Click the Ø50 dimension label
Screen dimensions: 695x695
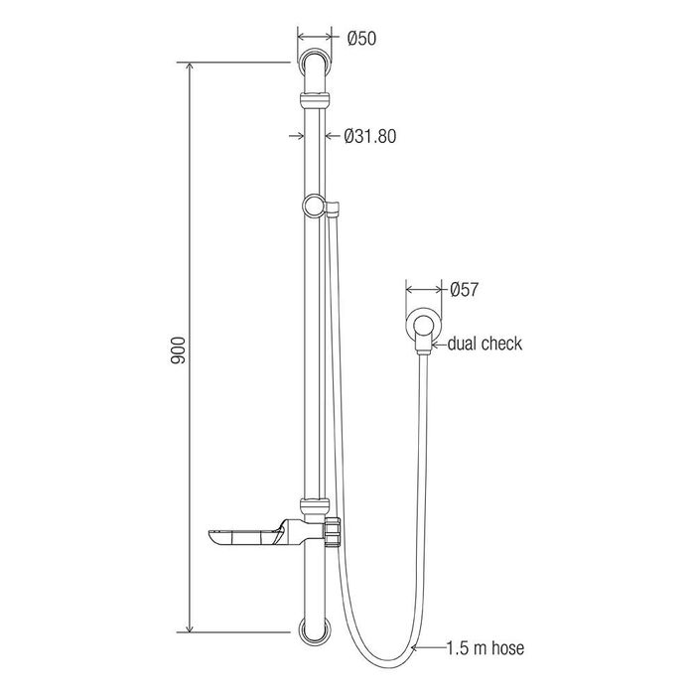coord(361,39)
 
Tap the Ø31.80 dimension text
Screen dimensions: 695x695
coord(370,136)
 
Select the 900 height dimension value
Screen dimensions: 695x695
coord(178,350)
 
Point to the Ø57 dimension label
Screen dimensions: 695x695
coord(464,290)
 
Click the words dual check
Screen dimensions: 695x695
coord(485,344)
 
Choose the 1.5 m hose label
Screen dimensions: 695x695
coord(485,648)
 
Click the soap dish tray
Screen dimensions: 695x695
coord(243,537)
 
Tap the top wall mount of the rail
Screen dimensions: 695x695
coord(315,62)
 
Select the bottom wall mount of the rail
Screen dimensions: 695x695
coord(315,630)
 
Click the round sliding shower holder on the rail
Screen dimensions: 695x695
coord(315,207)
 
